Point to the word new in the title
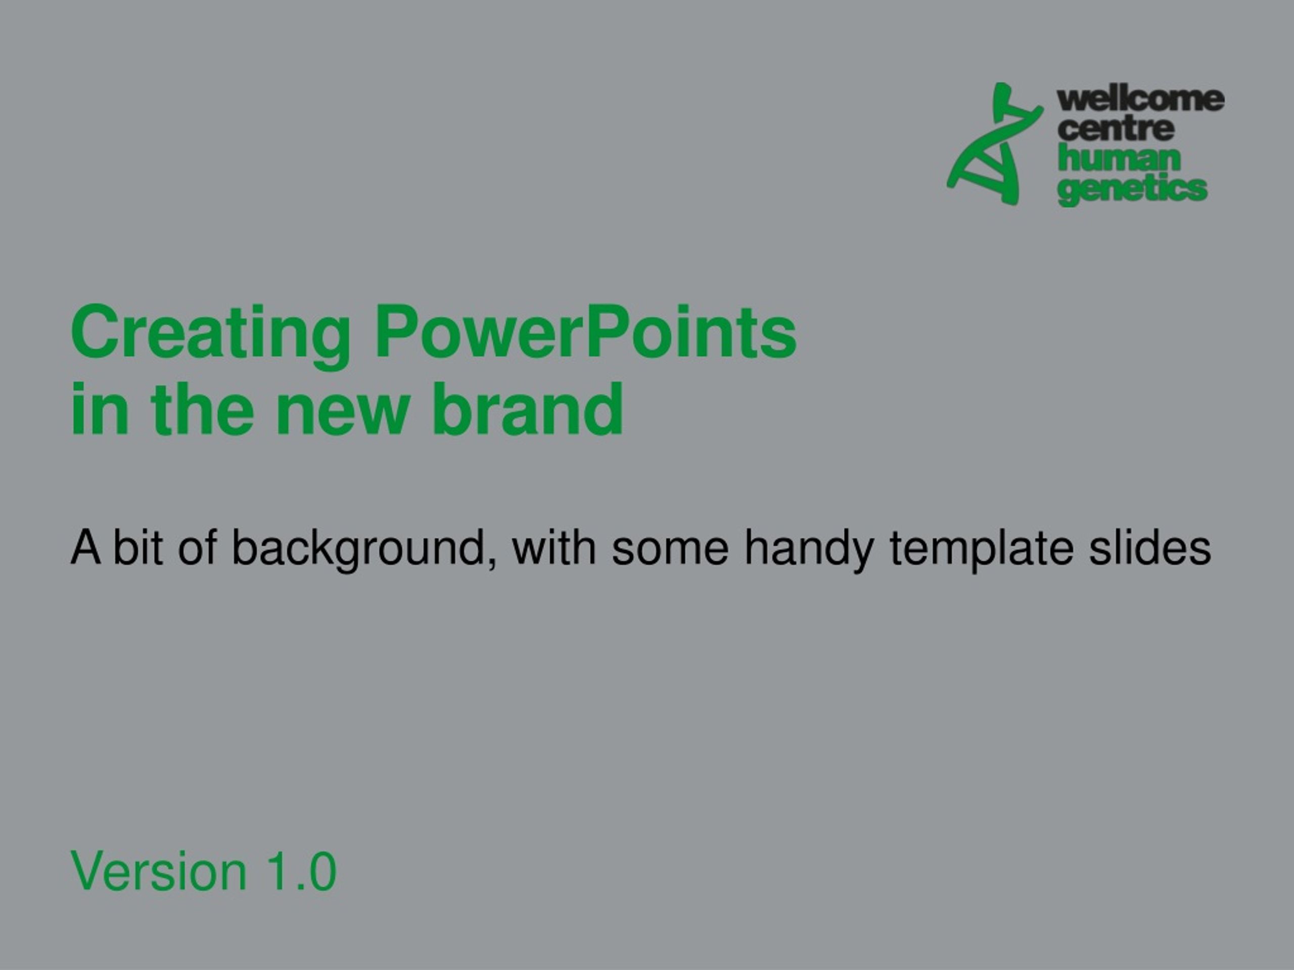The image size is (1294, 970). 342,416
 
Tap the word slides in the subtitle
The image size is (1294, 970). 1149,546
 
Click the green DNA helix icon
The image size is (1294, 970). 994,144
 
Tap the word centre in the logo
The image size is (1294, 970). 1116,129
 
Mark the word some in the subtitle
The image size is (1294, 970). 670,553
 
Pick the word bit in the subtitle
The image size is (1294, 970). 137,546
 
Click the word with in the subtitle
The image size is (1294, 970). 554,546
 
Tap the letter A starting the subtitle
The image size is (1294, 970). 85,546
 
